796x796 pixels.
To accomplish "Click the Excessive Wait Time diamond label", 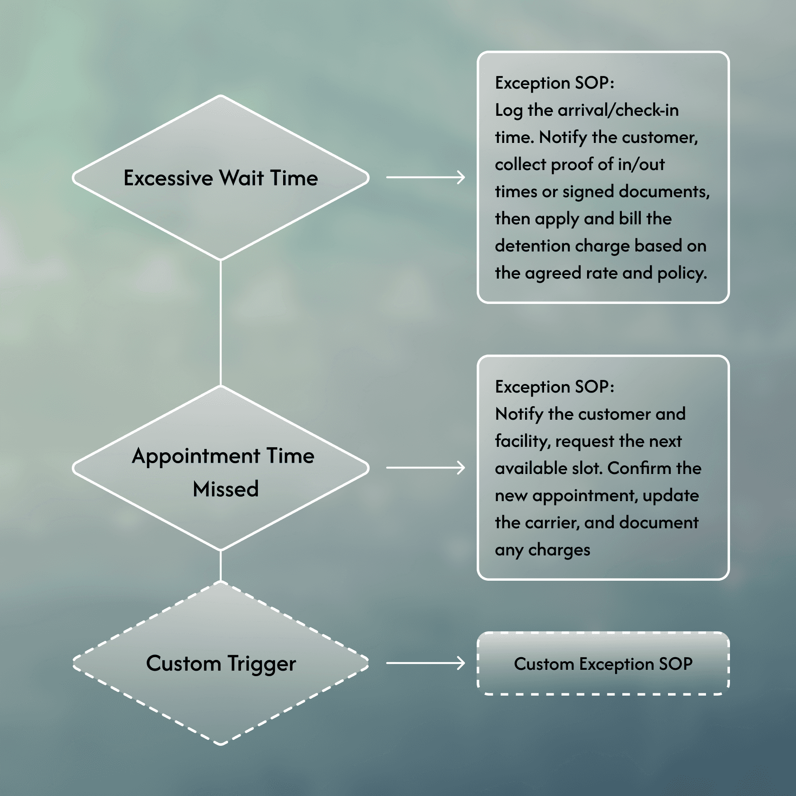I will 221,178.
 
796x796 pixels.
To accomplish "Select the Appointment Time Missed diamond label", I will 223,471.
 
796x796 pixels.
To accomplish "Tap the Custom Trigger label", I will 221,663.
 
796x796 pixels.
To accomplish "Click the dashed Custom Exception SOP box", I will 603,663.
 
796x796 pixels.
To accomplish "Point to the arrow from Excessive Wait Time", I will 425,177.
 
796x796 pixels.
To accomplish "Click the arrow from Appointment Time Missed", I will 425,468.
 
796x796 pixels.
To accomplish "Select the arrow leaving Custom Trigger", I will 425,663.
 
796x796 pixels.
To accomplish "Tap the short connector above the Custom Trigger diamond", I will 221,565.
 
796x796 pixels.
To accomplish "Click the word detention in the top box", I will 532,246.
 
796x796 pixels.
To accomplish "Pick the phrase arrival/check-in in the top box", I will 618,110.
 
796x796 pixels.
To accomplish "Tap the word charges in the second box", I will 559,550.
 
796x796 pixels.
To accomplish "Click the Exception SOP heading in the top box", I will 554,83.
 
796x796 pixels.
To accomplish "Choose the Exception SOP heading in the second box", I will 554,387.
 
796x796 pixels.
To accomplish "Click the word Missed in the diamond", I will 226,489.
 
